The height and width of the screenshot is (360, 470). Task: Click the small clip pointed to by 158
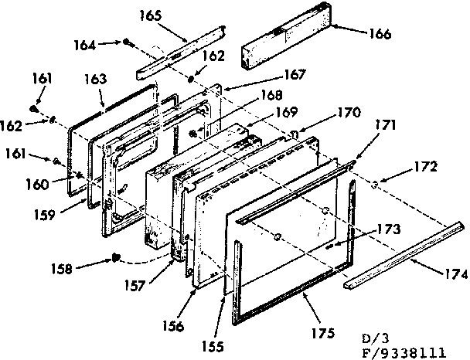coord(116,257)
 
